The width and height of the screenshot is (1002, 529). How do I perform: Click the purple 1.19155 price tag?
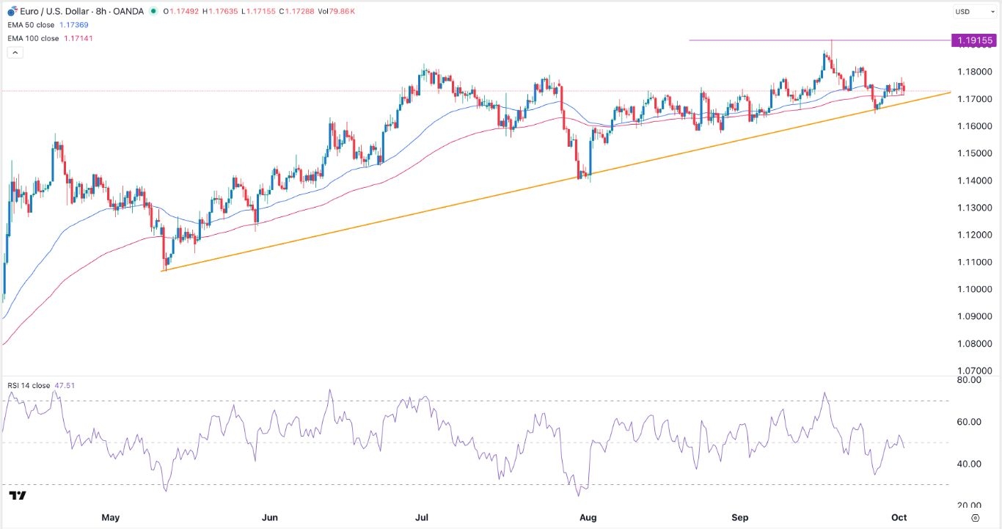(973, 40)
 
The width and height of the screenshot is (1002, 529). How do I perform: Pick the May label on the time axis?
(110, 517)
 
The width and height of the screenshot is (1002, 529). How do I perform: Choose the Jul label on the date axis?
(422, 517)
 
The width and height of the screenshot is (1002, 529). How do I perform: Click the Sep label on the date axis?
(740, 517)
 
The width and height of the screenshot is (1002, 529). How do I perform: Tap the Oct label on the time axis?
(899, 517)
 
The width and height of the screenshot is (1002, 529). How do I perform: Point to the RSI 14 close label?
(29, 384)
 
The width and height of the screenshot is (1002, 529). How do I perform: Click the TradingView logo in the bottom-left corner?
(18, 496)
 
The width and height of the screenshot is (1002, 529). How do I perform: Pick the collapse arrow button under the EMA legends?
(14, 53)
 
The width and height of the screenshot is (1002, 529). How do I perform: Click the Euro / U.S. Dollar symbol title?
(55, 11)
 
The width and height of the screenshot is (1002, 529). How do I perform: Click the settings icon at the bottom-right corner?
(984, 517)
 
